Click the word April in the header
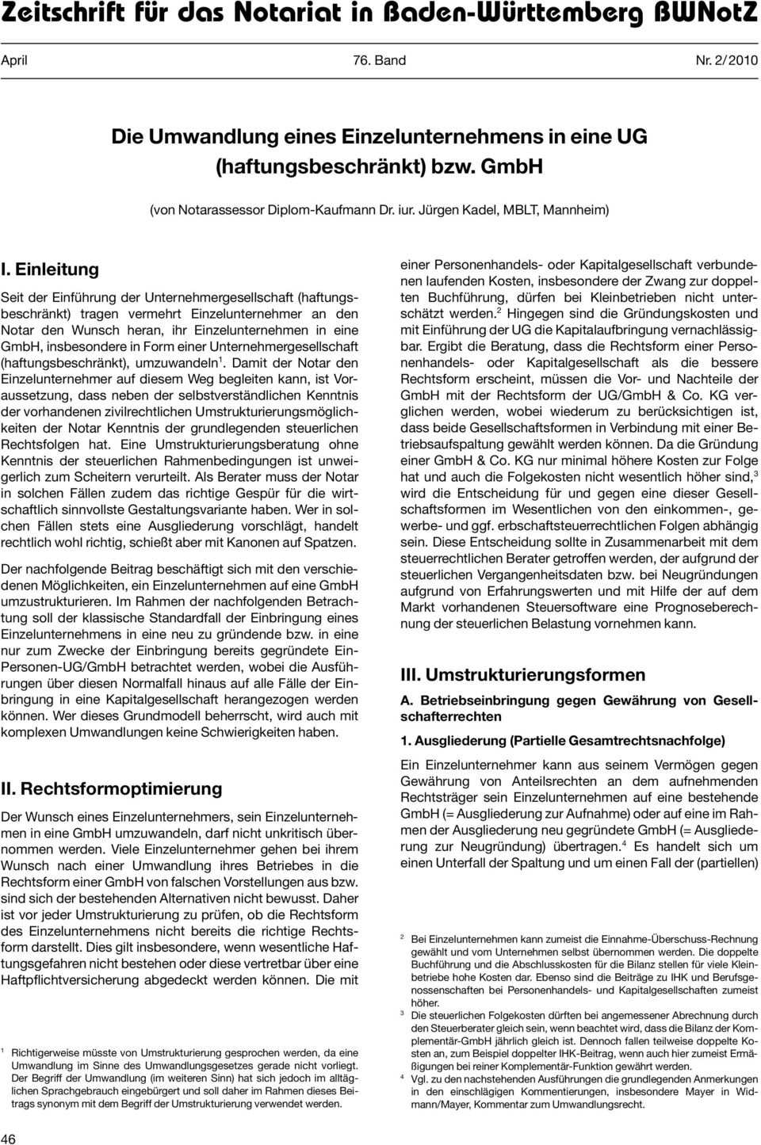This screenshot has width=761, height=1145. tap(14, 60)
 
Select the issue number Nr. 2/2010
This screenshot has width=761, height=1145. tap(726, 60)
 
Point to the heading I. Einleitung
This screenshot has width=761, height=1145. tap(50, 269)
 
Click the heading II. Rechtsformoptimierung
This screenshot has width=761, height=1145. tap(112, 788)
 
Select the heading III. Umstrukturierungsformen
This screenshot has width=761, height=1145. tap(522, 675)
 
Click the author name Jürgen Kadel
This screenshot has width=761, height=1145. tap(457, 210)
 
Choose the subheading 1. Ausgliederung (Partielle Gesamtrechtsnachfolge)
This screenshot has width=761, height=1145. tap(562, 741)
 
